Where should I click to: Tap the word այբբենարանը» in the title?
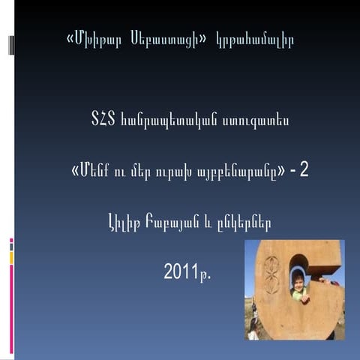[x=247, y=170]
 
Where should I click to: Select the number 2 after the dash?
[x=304, y=170]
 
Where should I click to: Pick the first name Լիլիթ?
[x=124, y=222]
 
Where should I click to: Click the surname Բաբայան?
[x=172, y=222]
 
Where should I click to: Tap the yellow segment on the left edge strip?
[x=11, y=258]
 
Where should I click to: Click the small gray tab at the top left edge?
[x=11, y=45]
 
